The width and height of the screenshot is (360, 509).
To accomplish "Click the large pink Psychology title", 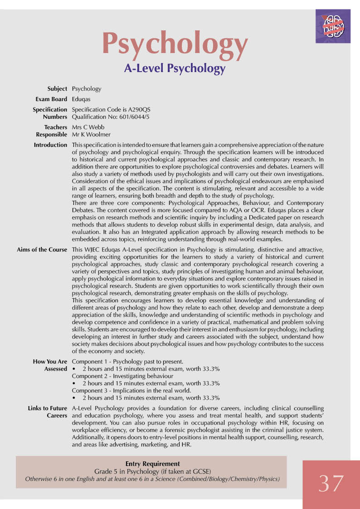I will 175,44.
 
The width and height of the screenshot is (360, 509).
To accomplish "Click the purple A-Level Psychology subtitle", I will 175,68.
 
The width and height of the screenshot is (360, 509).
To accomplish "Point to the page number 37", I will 331,483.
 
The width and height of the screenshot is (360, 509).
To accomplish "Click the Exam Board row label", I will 51,99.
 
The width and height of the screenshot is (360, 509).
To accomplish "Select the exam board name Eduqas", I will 81,99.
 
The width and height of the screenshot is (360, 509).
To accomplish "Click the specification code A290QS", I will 139,110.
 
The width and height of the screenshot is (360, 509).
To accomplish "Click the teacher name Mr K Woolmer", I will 91,135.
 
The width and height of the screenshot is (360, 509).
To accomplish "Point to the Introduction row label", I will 50,145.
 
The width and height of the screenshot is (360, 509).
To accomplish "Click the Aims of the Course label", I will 42,250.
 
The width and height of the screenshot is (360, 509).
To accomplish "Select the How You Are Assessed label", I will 50,365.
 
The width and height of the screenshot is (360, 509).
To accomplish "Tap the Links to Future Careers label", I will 47,412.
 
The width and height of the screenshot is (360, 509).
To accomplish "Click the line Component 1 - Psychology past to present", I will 127,362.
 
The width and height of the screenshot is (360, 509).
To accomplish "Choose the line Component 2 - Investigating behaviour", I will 122,376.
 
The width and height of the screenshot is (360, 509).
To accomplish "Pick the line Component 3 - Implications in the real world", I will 131,391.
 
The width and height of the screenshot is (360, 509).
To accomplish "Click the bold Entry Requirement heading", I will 152,464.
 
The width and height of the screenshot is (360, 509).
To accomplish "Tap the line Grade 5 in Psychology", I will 152,471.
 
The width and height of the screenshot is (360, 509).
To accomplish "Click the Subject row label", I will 57,89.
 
